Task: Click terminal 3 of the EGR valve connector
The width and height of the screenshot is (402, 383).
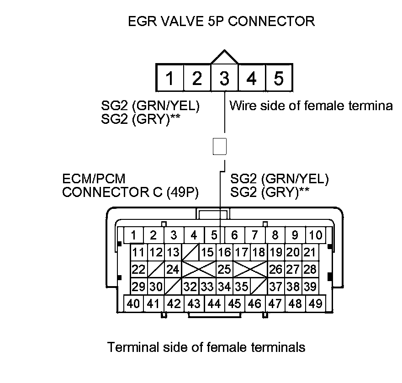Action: tap(224, 79)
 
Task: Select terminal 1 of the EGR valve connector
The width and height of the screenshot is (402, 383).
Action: tap(169, 79)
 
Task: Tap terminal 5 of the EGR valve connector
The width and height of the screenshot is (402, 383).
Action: tap(278, 79)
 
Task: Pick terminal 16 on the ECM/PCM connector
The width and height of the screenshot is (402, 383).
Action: tap(224, 252)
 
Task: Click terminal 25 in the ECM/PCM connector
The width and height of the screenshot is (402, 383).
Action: tap(224, 269)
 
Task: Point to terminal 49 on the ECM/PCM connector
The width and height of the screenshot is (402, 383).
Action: tap(315, 303)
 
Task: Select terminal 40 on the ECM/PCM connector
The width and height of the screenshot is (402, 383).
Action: tap(134, 303)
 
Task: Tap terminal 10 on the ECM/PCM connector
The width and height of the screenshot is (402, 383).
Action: tap(315, 235)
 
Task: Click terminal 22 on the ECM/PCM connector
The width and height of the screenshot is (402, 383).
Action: tap(138, 269)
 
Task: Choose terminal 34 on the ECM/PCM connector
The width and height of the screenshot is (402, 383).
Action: tap(224, 287)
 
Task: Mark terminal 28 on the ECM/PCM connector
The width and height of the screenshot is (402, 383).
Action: tap(310, 269)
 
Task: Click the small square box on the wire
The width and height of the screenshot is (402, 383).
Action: tap(220, 147)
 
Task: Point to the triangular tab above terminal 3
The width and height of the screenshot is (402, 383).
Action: tap(224, 58)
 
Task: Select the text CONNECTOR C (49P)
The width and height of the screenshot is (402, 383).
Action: tap(130, 192)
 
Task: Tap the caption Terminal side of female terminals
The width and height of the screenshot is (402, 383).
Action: tap(206, 347)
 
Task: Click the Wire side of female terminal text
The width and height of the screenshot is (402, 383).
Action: tap(311, 106)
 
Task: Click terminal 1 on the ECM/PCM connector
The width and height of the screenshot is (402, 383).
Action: tap(134, 235)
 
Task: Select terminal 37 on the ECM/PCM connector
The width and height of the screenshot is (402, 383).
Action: tap(276, 287)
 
